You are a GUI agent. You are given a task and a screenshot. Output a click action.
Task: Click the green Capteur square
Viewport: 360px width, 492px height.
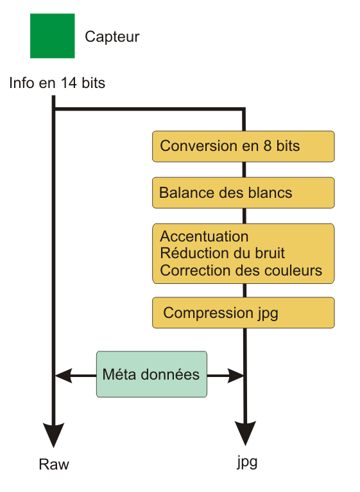pyautogui.click(x=53, y=36)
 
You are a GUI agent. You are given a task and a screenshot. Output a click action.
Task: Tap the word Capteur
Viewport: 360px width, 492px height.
pyautogui.click(x=112, y=37)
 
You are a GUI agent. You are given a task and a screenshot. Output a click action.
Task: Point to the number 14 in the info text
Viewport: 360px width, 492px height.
pyautogui.click(x=69, y=83)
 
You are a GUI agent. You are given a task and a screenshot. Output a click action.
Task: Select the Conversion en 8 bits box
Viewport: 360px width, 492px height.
pyautogui.click(x=243, y=146)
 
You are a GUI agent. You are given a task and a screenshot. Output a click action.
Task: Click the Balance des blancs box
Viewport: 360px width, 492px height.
pyautogui.click(x=243, y=193)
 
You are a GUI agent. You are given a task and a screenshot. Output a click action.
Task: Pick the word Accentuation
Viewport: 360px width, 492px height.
pyautogui.click(x=204, y=236)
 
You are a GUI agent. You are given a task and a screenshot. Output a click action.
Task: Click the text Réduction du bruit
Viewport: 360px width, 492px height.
pyautogui.click(x=222, y=253)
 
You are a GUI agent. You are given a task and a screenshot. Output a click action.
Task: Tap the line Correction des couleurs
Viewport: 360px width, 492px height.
pyautogui.click(x=241, y=270)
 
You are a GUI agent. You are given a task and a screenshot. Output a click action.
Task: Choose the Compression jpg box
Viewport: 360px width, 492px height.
pyautogui.click(x=243, y=313)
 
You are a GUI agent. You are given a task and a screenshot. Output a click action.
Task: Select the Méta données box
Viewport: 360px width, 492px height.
pyautogui.click(x=151, y=374)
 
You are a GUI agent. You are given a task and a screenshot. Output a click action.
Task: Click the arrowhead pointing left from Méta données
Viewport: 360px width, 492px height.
pyautogui.click(x=64, y=375)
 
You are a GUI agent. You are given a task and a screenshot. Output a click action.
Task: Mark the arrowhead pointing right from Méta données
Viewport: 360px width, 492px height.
pyautogui.click(x=236, y=375)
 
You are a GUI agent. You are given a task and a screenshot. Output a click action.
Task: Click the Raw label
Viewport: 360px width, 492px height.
pyautogui.click(x=54, y=464)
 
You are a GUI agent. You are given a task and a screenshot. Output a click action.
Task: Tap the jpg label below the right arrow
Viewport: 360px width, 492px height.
pyautogui.click(x=247, y=462)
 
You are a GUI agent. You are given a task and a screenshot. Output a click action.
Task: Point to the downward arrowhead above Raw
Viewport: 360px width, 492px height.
pyautogui.click(x=54, y=435)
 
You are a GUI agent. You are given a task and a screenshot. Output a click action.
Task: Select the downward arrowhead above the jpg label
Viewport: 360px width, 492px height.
pyautogui.click(x=245, y=433)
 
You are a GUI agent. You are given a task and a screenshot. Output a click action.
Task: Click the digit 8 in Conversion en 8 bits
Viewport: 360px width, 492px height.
pyautogui.click(x=268, y=146)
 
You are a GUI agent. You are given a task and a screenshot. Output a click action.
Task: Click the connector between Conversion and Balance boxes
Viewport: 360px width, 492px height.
pyautogui.click(x=244, y=170)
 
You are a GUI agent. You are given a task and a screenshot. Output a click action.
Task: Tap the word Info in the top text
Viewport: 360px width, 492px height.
pyautogui.click(x=21, y=83)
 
